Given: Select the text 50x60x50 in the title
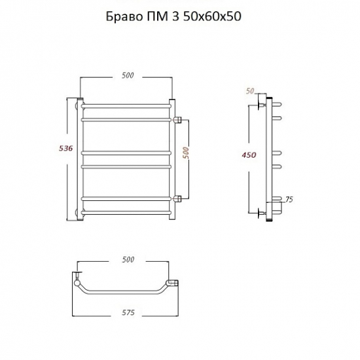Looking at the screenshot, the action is coord(212,16).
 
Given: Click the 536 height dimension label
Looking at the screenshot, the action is coord(66,149).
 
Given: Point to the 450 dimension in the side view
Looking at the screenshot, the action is coord(249,155).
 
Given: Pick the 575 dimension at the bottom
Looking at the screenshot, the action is coord(128,312).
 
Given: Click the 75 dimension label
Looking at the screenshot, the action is coord(289,199).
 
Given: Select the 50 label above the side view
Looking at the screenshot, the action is coord(250,91).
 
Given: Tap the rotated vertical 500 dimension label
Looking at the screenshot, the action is coord(187,153).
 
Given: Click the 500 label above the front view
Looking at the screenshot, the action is coord(128,75).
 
